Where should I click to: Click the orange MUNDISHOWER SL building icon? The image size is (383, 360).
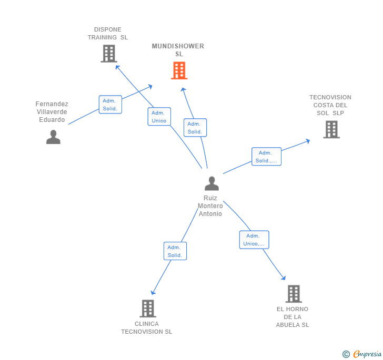tap(179, 70)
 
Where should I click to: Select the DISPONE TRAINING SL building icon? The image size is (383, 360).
tap(108, 54)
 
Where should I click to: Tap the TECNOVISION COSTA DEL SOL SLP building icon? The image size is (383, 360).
tap(331, 129)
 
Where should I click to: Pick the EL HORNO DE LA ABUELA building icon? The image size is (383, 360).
tap(293, 294)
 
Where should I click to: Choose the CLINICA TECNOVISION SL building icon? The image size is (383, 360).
tap(148, 308)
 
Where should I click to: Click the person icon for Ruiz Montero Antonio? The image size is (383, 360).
tap(211, 183)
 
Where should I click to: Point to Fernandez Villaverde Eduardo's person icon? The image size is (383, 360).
tap(53, 137)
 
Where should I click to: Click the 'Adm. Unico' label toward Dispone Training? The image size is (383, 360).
tap(159, 117)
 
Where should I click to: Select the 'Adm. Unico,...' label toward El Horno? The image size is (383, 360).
tap(254, 240)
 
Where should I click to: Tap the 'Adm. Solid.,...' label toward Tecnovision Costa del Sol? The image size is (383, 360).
tap(266, 157)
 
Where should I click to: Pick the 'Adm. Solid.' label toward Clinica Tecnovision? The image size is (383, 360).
tap(175, 251)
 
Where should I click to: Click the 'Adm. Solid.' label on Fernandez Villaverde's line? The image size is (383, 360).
tap(110, 105)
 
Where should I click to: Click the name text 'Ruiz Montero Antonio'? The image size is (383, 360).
tap(210, 206)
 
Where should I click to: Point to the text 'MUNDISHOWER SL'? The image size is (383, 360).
tap(178, 50)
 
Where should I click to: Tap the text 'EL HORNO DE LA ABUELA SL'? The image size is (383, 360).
tap(293, 317)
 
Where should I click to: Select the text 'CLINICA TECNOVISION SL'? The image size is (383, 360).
tap(146, 328)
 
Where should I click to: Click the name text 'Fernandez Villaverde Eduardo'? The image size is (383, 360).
tap(52, 112)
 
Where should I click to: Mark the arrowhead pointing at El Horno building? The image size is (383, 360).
tap(284, 277)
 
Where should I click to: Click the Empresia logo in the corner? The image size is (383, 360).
tap(363, 354)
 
